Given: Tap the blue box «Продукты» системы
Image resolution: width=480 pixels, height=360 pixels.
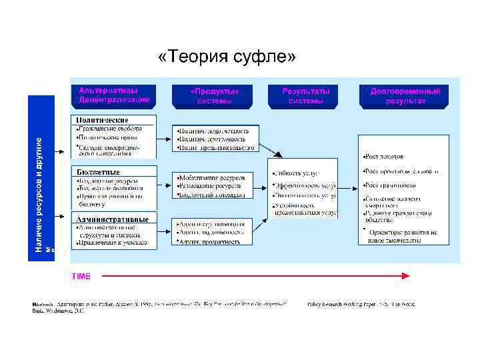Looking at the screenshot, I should tap(214, 95).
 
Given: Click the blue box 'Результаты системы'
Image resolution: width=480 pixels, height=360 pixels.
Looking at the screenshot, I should tap(306, 95).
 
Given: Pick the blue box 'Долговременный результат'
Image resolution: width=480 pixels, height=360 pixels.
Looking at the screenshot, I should tap(405, 95).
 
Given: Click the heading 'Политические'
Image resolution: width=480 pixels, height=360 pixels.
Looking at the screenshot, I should tap(102, 119).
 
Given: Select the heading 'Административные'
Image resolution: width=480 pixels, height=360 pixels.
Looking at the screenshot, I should tap(113, 219).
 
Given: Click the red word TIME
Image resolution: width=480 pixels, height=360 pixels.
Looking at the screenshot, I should tap(81, 275).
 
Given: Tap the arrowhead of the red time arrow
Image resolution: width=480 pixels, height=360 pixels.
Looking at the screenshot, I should tap(406, 275).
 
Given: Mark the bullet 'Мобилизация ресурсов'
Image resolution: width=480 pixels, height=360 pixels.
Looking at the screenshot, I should tap(212, 178).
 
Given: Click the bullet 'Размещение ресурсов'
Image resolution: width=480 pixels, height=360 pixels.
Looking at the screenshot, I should tap(211, 186).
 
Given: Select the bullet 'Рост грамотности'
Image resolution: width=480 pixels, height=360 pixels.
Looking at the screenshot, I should tap(391, 185).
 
